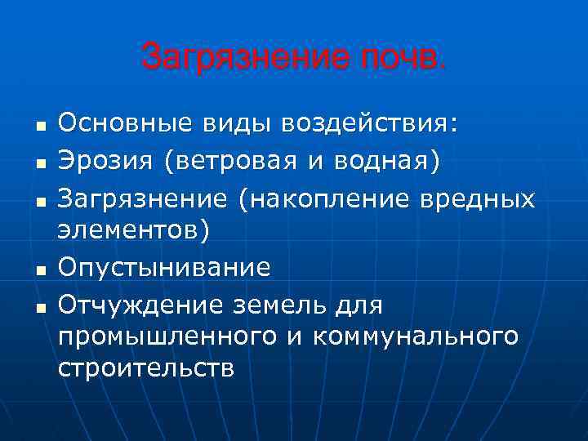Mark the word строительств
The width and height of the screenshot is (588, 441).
146,367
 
